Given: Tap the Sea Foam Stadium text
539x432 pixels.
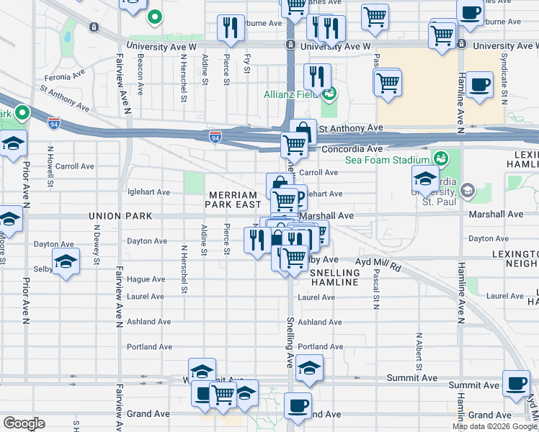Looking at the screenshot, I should (392, 159).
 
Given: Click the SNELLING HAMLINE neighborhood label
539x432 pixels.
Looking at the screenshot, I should (334, 277).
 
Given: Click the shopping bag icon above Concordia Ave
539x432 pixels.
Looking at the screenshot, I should (303, 132).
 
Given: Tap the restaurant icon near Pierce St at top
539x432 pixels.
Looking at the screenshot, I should (231, 27).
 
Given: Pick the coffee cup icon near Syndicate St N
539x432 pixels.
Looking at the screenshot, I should (479, 84).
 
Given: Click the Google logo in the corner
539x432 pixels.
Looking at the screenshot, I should (24, 423).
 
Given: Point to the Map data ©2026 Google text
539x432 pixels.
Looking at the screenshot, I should (494, 426).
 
